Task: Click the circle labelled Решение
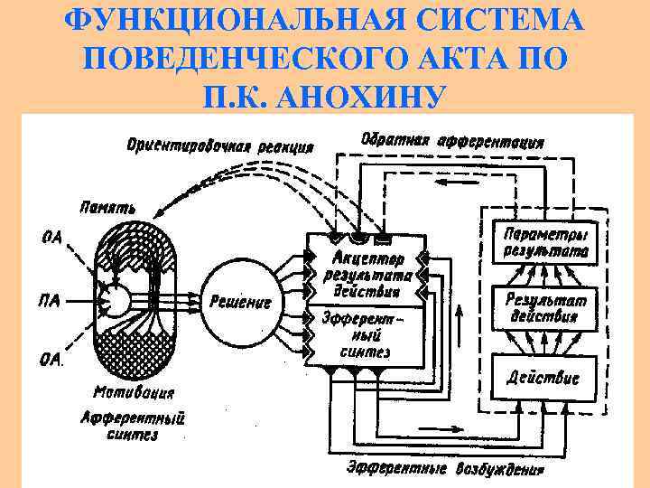click(x=240, y=303)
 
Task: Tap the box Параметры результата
click(x=538, y=239)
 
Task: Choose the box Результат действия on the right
click(x=540, y=307)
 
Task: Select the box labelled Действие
click(x=540, y=376)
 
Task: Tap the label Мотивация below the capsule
click(x=134, y=394)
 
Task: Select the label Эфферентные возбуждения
click(x=446, y=469)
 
